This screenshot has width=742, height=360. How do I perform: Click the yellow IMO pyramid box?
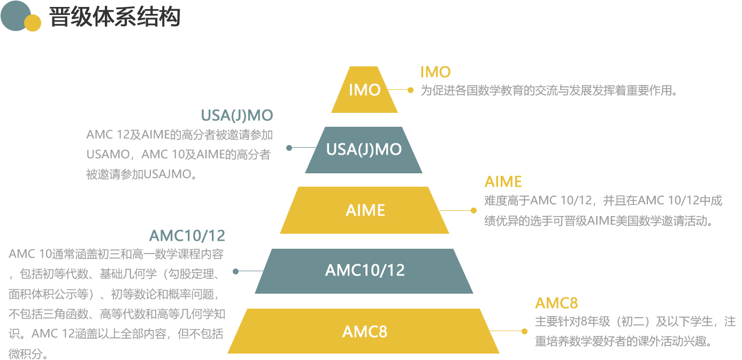[x=364, y=89]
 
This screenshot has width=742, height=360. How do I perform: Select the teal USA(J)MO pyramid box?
[x=363, y=150]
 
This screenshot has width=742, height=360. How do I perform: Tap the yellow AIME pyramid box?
[x=364, y=210]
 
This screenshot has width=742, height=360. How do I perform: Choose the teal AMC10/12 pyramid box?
[x=364, y=271]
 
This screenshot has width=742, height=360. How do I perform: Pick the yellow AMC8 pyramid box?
[x=363, y=331]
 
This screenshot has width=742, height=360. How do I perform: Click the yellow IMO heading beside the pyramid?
[x=435, y=72]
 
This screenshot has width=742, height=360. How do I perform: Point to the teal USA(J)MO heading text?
[x=237, y=116]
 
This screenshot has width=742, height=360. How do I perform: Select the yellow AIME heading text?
[x=503, y=182]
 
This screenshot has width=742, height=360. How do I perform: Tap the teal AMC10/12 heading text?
[x=187, y=236]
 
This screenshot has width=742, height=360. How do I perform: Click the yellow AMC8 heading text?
[x=556, y=303]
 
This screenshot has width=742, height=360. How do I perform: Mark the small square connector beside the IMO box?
[x=410, y=90]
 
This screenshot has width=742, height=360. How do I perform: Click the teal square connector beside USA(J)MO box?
[x=289, y=148]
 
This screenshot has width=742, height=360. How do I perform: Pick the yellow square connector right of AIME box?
[x=473, y=210]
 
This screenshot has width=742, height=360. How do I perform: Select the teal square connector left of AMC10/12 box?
[x=235, y=272]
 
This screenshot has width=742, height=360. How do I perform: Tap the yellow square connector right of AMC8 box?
[x=524, y=332]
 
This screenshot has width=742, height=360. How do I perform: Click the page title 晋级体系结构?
[x=114, y=17]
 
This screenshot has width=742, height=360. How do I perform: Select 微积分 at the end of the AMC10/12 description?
[x=26, y=354]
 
